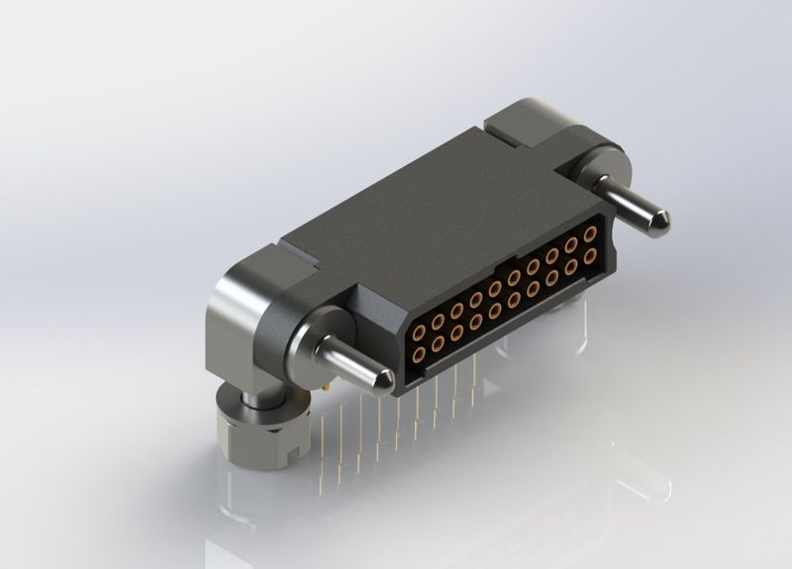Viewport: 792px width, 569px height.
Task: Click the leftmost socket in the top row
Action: (419, 332)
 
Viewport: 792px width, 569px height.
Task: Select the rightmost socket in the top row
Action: (590, 235)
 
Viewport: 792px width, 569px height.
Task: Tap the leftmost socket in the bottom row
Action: (419, 353)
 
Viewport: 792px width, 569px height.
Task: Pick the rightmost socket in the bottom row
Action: (590, 256)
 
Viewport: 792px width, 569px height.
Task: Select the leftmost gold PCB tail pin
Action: (324, 445)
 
